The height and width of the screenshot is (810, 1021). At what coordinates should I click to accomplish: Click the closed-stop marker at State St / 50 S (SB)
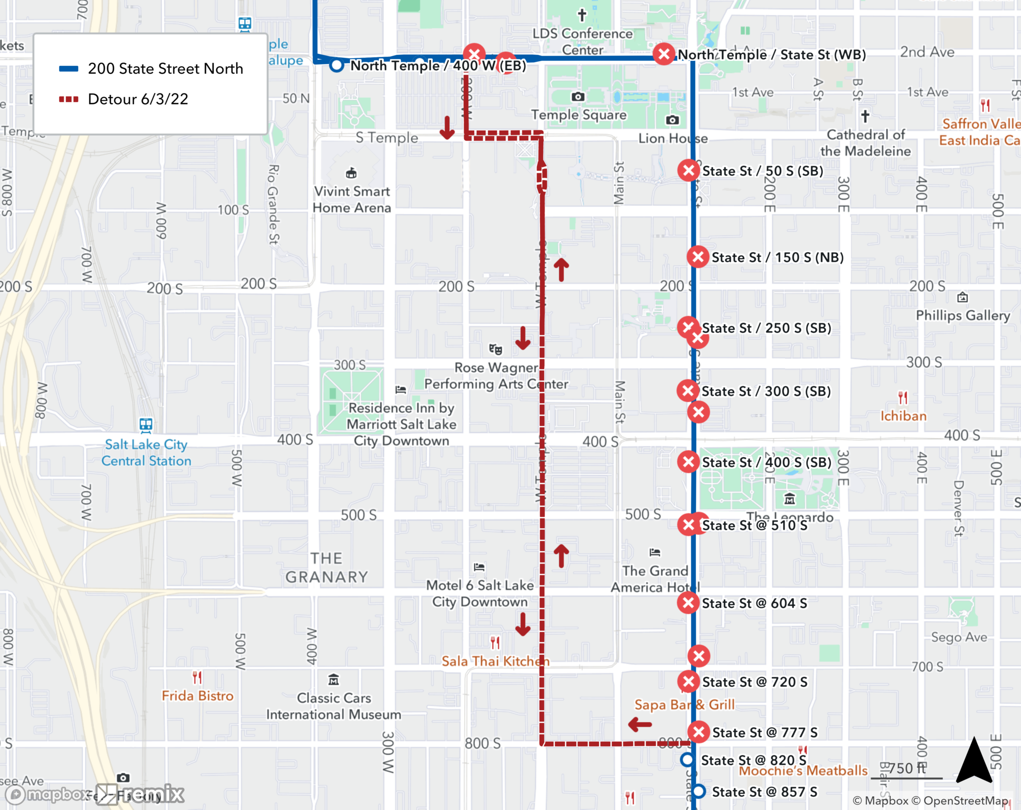[689, 170]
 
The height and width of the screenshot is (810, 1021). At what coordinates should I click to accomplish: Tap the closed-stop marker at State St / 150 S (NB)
[698, 257]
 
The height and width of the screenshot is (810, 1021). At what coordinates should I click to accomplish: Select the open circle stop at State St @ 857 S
[699, 792]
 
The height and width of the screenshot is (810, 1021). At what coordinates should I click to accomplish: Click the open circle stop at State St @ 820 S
[688, 760]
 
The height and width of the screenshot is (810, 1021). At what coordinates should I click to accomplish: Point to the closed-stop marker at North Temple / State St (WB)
[664, 54]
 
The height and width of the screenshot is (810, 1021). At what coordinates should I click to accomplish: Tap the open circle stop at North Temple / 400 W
[336, 65]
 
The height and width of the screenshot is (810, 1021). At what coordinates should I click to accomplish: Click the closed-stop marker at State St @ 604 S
[688, 603]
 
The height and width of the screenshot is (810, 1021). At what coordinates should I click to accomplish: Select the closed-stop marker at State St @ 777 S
[699, 732]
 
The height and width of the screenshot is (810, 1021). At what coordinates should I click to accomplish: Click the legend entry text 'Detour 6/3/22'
[138, 99]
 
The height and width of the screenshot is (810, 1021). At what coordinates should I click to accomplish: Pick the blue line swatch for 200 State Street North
[68, 69]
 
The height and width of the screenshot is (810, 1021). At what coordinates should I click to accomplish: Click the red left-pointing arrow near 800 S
[640, 724]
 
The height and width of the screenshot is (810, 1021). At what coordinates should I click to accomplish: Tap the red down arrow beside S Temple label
[447, 128]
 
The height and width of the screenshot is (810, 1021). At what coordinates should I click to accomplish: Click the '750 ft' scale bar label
[907, 768]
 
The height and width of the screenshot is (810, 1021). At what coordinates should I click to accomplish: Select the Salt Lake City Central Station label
[146, 453]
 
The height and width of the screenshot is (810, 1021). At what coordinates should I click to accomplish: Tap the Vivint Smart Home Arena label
[352, 199]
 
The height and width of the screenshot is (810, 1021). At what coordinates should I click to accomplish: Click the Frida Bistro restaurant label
[198, 696]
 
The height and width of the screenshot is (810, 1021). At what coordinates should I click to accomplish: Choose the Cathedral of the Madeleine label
[866, 142]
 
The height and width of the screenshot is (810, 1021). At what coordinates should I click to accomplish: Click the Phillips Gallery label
[963, 315]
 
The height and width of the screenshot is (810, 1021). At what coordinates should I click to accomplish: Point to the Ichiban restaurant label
[903, 415]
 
